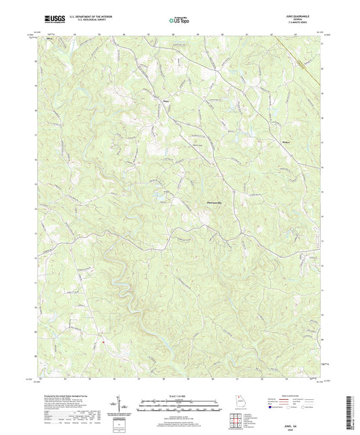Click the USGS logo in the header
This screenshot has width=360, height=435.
click(51, 20)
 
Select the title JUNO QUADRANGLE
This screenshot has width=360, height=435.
click(298, 16)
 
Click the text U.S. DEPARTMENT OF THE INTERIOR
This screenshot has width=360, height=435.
click(90, 18)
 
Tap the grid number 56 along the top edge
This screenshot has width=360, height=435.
click(124, 33)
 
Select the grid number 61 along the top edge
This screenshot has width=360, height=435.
click(248, 33)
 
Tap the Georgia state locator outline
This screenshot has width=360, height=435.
click(240, 399)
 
